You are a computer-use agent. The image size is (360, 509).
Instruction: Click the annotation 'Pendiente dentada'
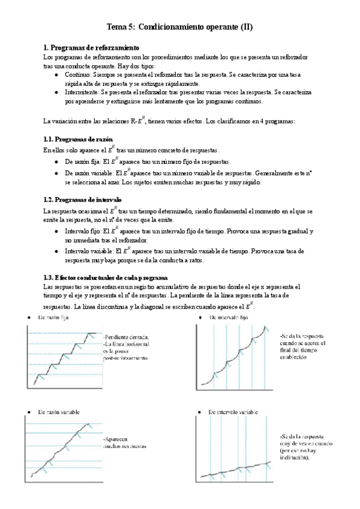point(126,337)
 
